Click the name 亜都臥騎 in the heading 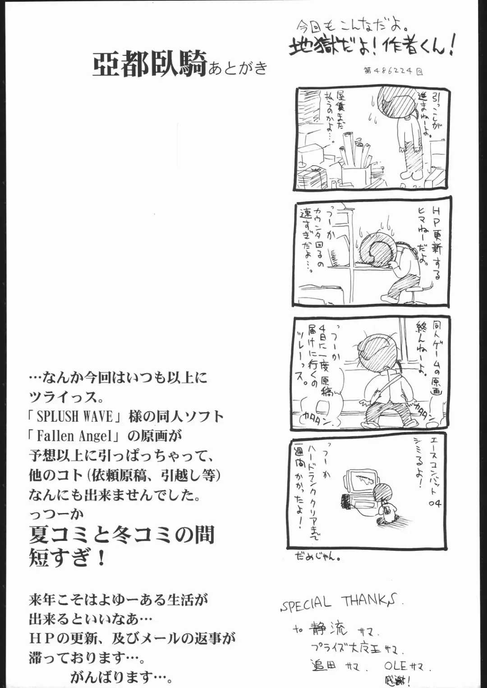point(149,64)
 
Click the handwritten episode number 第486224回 point(393,71)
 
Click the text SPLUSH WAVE point(75,416)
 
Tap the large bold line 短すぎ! point(68,558)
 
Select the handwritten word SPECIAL point(306,604)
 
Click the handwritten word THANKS point(371,600)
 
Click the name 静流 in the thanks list point(328,628)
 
